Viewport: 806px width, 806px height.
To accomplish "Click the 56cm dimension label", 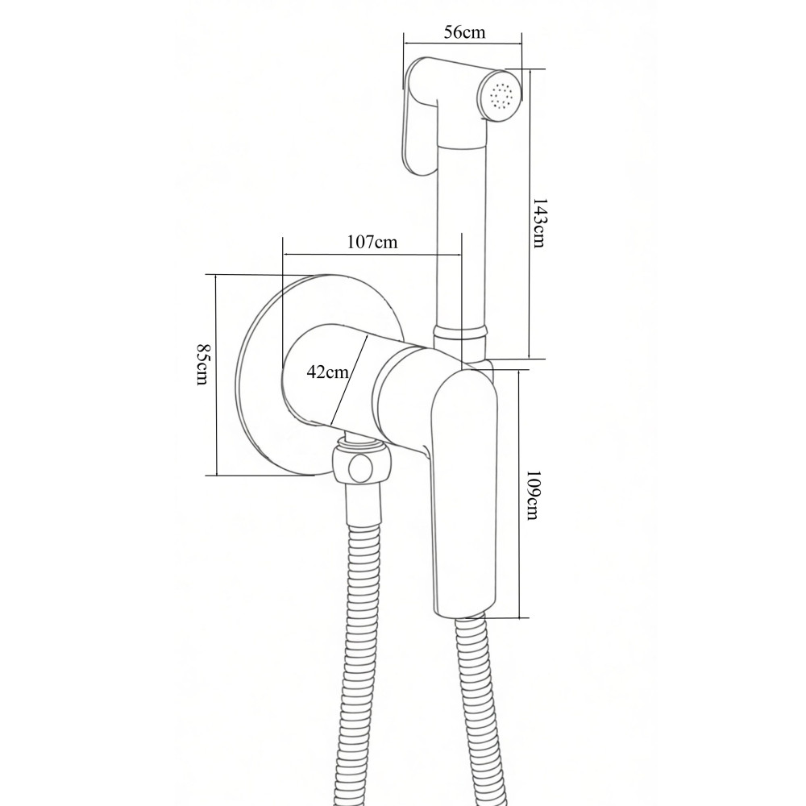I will pos(465,33).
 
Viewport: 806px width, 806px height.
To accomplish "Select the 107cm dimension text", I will pos(372,242).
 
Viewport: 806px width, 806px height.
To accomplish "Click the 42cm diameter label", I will pos(327,372).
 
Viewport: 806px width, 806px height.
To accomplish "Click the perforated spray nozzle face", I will pos(502,96).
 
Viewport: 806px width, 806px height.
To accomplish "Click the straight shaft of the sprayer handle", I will pos(461,234).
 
